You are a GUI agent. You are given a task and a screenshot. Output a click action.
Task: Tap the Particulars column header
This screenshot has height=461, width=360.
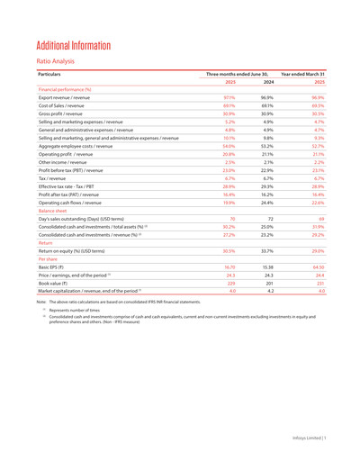point(54,86)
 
